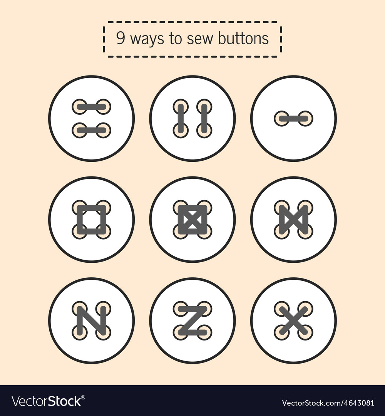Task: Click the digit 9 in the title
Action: [x=121, y=39]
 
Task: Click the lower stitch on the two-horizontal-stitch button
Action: [x=91, y=131]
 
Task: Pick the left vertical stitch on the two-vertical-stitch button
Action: [x=181, y=118]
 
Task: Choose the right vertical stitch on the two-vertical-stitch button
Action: [x=204, y=118]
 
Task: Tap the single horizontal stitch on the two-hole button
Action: [x=293, y=119]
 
